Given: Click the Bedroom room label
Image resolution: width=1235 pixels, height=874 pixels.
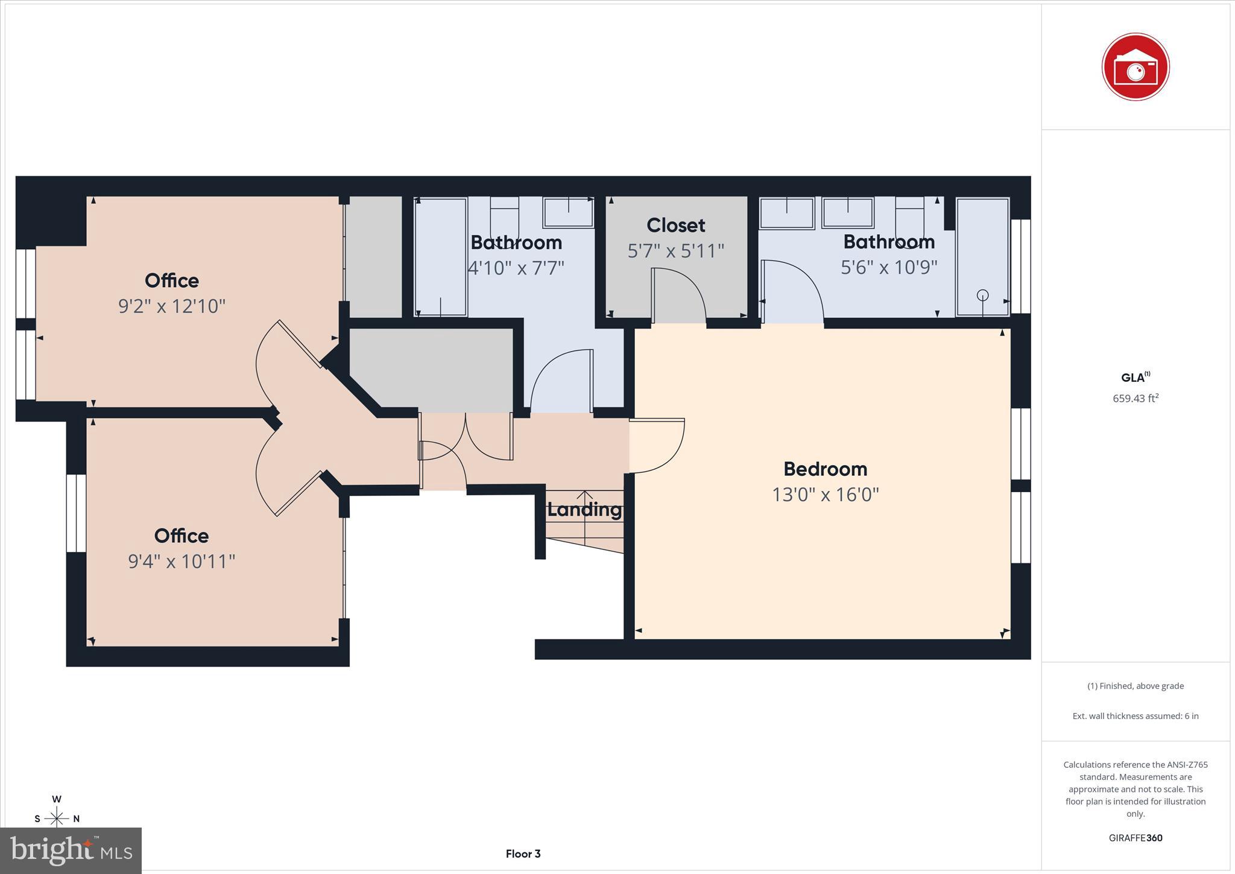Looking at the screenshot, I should click(825, 469).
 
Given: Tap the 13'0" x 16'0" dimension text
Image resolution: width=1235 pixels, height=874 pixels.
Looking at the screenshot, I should click(825, 495).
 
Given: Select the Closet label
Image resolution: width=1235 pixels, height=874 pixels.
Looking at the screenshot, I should click(675, 225).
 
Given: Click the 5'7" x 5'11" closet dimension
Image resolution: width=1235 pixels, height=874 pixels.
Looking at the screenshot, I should click(675, 250).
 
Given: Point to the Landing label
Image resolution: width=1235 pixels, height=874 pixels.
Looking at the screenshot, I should click(584, 510).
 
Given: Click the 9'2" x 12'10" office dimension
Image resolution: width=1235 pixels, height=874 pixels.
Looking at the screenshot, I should click(172, 306).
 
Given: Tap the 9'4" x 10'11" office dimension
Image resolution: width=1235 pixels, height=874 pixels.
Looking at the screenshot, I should click(181, 562).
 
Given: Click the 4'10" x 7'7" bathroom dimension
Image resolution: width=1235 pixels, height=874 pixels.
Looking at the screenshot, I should click(516, 267).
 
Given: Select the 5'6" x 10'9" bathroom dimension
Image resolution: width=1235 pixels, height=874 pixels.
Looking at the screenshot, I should click(889, 267).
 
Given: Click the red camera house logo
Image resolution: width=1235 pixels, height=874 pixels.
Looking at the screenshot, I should click(1135, 67).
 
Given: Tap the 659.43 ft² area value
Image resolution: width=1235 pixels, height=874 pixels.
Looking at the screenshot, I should click(1135, 398).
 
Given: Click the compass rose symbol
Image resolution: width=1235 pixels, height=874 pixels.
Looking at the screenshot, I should click(57, 818).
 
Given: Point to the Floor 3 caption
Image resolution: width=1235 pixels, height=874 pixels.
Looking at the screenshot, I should click(523, 853).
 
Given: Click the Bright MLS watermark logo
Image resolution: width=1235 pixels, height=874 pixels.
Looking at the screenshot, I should click(71, 850).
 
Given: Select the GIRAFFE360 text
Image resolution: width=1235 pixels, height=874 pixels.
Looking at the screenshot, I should click(1135, 838).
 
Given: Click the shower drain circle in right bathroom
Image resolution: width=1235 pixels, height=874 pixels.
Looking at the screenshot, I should click(982, 295).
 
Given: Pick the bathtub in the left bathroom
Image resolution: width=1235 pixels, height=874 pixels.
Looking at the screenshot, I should click(441, 256).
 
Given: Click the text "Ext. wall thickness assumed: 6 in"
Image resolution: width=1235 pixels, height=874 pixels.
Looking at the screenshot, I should click(1135, 716).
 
